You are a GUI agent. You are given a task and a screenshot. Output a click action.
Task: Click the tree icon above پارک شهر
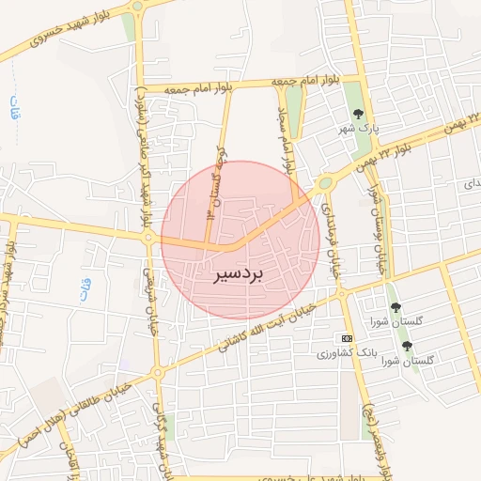pyautogui.click(x=356, y=114)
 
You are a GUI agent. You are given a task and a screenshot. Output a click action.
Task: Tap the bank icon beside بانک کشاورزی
pyautogui.click(x=348, y=338)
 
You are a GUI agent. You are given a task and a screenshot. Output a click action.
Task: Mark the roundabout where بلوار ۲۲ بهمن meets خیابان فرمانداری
pyautogui.click(x=326, y=183)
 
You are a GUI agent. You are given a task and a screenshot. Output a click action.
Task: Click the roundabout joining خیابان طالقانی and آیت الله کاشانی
pyautogui.click(x=157, y=373)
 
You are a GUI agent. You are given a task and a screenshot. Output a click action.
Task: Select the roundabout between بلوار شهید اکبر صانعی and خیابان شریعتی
pyautogui.click(x=148, y=239)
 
